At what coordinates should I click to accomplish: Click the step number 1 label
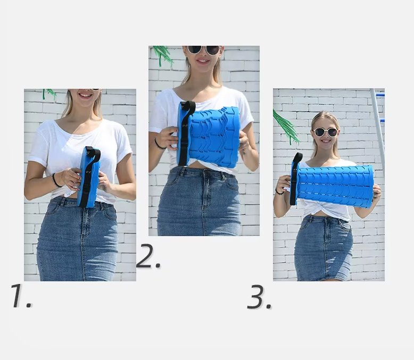21,296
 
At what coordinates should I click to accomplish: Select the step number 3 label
259,297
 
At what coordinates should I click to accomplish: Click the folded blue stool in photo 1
88,177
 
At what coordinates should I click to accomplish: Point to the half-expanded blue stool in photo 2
209,136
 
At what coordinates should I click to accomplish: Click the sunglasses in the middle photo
204,49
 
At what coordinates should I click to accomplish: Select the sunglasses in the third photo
325,132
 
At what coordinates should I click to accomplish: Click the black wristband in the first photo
56,180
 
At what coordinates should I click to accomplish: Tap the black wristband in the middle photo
159,144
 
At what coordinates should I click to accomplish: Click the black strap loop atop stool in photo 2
189,108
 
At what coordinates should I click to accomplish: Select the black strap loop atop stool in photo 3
297,158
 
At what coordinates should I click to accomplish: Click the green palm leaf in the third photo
286,127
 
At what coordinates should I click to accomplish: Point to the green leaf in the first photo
48,94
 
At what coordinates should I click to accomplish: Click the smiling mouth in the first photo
85,95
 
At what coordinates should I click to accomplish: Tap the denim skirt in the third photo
324,248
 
